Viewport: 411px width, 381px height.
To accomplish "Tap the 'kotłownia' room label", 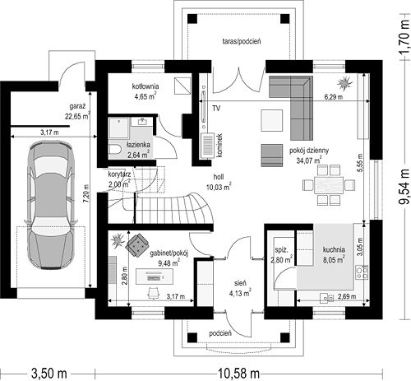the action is [145, 86].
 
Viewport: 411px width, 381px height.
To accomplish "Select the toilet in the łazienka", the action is [115, 149].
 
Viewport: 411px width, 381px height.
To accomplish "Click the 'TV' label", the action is [216, 109].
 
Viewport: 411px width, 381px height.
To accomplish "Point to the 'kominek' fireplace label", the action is [219, 146].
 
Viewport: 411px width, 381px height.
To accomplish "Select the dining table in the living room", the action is [329, 185].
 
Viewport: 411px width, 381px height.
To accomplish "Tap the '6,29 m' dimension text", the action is [334, 97].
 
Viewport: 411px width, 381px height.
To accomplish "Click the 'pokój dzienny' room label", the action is [309, 151].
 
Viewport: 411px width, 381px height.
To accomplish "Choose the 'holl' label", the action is [219, 177].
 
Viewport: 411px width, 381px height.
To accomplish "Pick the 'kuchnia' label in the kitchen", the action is [334, 249].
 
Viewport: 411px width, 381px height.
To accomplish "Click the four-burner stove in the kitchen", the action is [362, 272].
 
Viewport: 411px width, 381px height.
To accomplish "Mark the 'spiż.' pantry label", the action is [281, 250].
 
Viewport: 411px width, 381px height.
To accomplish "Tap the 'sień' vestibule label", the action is [240, 283].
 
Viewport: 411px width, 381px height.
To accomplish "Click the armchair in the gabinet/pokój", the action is [137, 245].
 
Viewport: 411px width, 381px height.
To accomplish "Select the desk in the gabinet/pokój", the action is [155, 276].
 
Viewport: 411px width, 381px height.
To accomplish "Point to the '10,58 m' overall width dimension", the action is [238, 374].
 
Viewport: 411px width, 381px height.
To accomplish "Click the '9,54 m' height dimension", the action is [404, 186].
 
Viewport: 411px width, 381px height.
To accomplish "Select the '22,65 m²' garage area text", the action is [77, 116].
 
